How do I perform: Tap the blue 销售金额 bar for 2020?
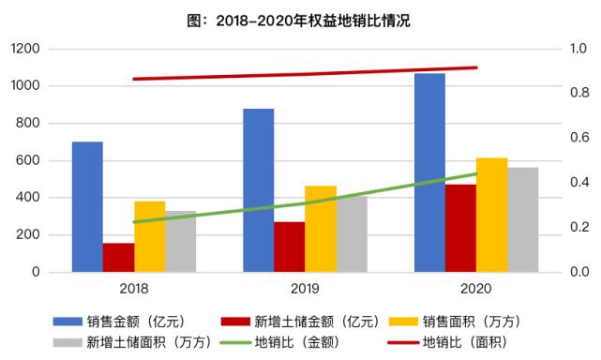click(x=429, y=172)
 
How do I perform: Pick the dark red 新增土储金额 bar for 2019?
click(x=289, y=247)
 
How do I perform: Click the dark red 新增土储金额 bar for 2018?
click(x=118, y=258)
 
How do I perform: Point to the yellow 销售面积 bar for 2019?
click(x=320, y=229)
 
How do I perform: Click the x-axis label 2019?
click(x=305, y=290)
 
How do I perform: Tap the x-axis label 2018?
click(x=134, y=290)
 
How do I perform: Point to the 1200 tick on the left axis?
click(x=26, y=49)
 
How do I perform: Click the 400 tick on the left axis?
click(x=30, y=198)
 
